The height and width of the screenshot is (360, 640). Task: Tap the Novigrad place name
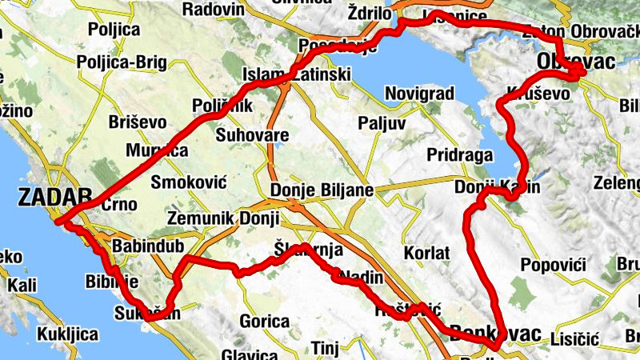click(419, 94)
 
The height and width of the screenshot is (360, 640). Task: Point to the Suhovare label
click(252, 135)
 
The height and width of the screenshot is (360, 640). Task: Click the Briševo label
click(138, 122)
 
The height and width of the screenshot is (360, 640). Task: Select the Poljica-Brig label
click(117, 62)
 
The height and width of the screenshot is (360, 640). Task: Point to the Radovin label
click(213, 10)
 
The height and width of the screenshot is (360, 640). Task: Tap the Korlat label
click(428, 252)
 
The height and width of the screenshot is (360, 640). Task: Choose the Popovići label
click(553, 265)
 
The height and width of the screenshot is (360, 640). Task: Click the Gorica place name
click(264, 322)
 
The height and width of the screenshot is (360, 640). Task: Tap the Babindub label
click(144, 246)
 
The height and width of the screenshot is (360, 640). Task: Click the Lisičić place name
click(574, 340)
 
